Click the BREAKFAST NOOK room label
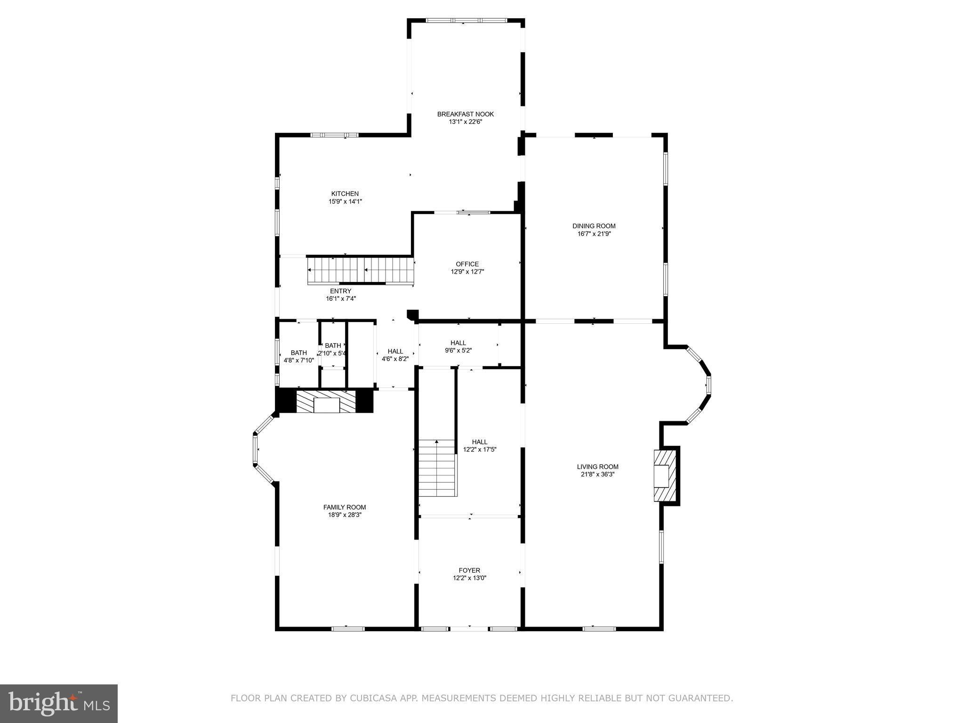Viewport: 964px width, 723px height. (x=465, y=114)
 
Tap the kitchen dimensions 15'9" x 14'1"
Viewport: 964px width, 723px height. (x=345, y=201)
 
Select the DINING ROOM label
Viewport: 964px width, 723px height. (x=594, y=226)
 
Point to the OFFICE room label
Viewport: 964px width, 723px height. (x=467, y=264)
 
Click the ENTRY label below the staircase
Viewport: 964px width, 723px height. (x=340, y=291)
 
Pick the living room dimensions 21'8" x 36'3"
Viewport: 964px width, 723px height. (x=597, y=474)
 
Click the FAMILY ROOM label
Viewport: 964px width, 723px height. (x=344, y=507)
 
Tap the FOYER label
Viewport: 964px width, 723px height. (x=469, y=570)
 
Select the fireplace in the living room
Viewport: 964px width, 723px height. (x=664, y=476)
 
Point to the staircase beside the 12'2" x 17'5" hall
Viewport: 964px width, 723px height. (x=437, y=468)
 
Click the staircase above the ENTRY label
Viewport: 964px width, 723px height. (x=361, y=270)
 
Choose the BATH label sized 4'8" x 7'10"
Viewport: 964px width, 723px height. (x=298, y=353)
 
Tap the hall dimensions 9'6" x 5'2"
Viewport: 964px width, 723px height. (x=458, y=350)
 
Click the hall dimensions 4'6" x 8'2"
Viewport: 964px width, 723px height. (x=395, y=359)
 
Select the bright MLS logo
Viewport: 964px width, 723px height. (x=59, y=703)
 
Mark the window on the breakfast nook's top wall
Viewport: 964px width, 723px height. (x=466, y=21)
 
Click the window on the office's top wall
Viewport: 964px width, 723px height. (x=463, y=213)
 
